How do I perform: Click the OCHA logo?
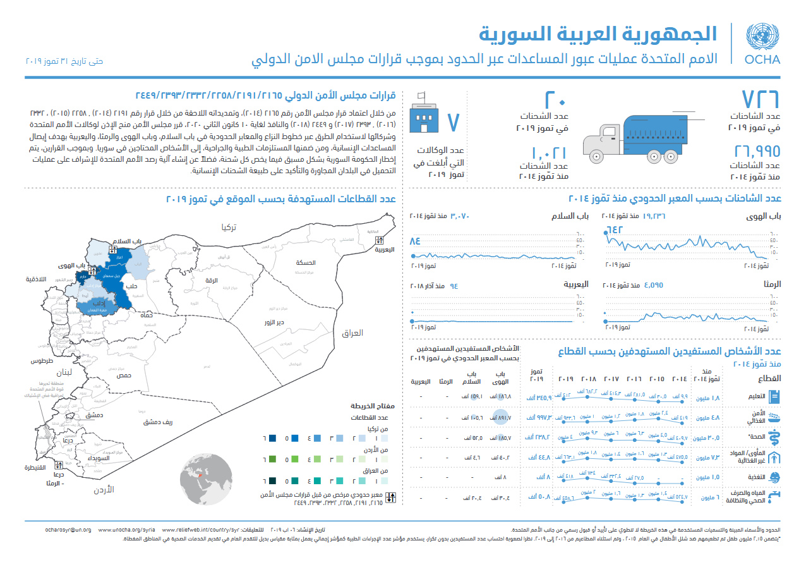(762, 44)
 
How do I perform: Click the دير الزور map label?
(274, 322)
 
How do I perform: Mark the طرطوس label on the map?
(40, 361)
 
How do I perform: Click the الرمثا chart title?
(771, 284)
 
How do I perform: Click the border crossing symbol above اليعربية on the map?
(379, 240)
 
